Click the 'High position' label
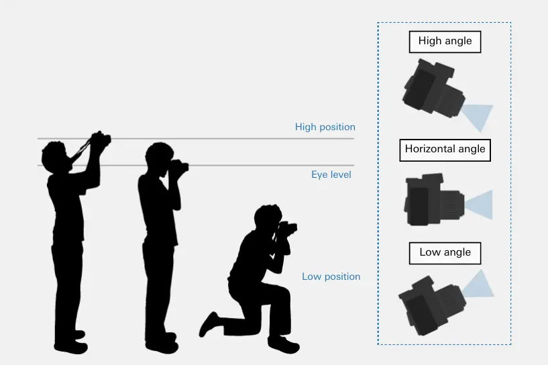(325, 127)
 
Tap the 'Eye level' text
(331, 174)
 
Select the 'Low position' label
(331, 276)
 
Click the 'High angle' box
(445, 41)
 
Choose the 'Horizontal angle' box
(445, 149)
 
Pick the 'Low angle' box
(445, 253)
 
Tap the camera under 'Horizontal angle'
(433, 200)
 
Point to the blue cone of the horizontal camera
(480, 205)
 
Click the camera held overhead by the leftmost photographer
(100, 140)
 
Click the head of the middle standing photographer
(158, 156)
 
